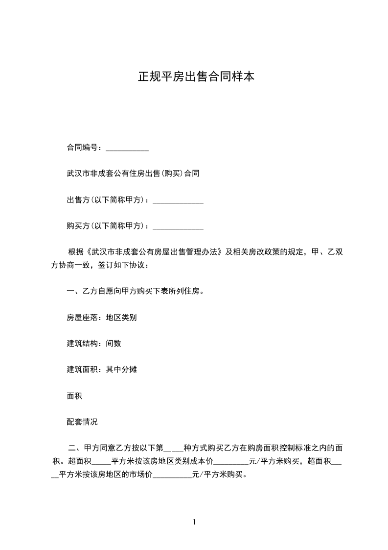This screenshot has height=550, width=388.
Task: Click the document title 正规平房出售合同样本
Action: pyautogui.click(x=196, y=77)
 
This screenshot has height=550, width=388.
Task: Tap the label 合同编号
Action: pyautogui.click(x=84, y=147)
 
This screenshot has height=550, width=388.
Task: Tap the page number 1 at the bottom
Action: pyautogui.click(x=194, y=522)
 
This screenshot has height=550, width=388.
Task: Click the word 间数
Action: pyautogui.click(x=114, y=343)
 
